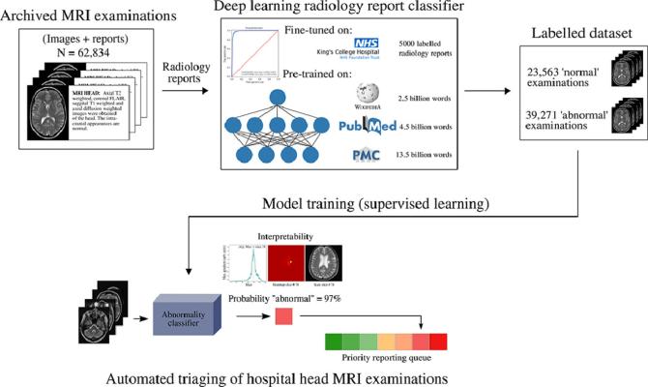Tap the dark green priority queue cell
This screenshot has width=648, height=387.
[334, 340]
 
